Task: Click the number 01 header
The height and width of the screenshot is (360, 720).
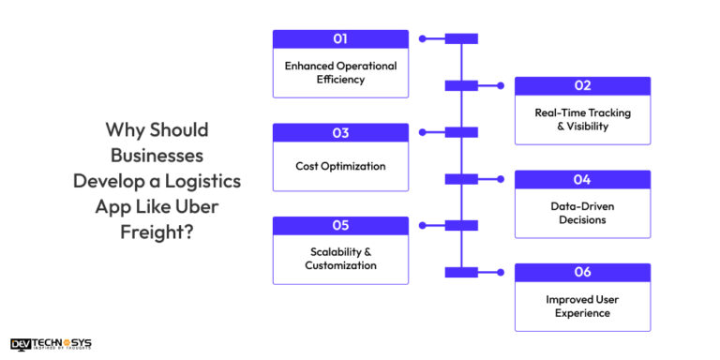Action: tap(340, 39)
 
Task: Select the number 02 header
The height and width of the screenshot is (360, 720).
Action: tap(582, 85)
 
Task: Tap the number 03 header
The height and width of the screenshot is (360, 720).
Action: tap(340, 132)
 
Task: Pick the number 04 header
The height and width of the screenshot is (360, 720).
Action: tap(582, 179)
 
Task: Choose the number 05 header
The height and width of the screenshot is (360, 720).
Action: tap(340, 226)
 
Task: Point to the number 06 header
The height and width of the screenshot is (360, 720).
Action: tap(582, 272)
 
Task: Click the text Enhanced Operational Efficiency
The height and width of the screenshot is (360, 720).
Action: tap(340, 73)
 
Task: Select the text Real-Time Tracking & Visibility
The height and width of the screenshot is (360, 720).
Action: tap(582, 119)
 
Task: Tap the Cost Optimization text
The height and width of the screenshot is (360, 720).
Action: tap(340, 166)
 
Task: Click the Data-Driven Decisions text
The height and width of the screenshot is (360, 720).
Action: tap(582, 213)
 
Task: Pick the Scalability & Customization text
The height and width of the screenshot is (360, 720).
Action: tap(340, 259)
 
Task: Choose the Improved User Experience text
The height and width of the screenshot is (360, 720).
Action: tap(582, 306)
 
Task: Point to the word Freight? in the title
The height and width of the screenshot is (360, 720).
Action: tap(157, 228)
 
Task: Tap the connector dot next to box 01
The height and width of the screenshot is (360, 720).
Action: tap(423, 39)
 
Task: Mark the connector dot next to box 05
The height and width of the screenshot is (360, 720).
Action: tap(423, 226)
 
